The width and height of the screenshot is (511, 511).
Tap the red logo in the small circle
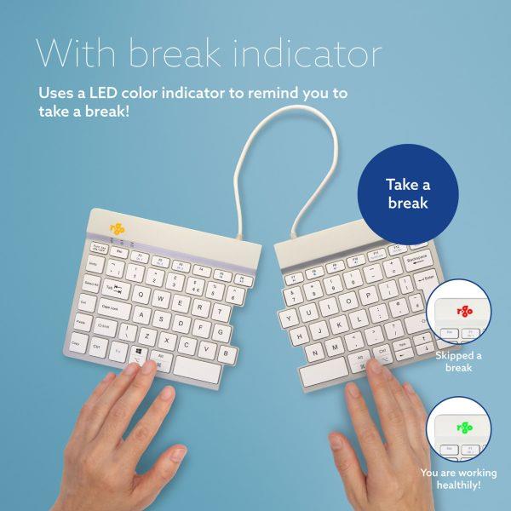[x=465, y=312]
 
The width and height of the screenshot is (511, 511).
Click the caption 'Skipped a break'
[x=459, y=361]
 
